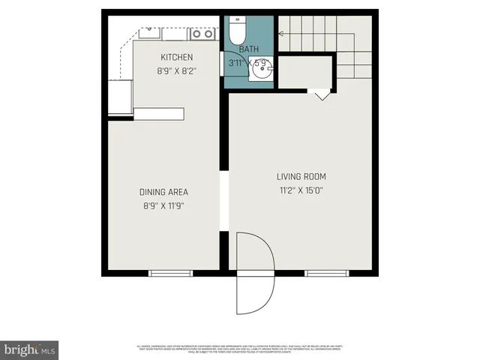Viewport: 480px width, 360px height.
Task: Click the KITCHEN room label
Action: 177,58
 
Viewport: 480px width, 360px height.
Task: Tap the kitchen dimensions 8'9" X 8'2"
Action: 177,72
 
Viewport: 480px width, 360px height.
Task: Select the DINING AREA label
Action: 163,191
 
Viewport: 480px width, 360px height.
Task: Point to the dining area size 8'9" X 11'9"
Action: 163,205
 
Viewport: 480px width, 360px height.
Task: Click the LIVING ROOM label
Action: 304,177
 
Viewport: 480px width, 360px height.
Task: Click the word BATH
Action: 249,49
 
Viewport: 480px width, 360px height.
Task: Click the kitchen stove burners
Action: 202,33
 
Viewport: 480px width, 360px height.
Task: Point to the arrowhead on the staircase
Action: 282,33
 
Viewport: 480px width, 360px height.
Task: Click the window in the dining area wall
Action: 171,273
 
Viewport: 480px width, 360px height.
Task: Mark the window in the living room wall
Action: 326,273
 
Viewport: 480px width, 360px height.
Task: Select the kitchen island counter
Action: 158,114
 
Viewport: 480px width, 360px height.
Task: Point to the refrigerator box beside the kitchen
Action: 120,97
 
